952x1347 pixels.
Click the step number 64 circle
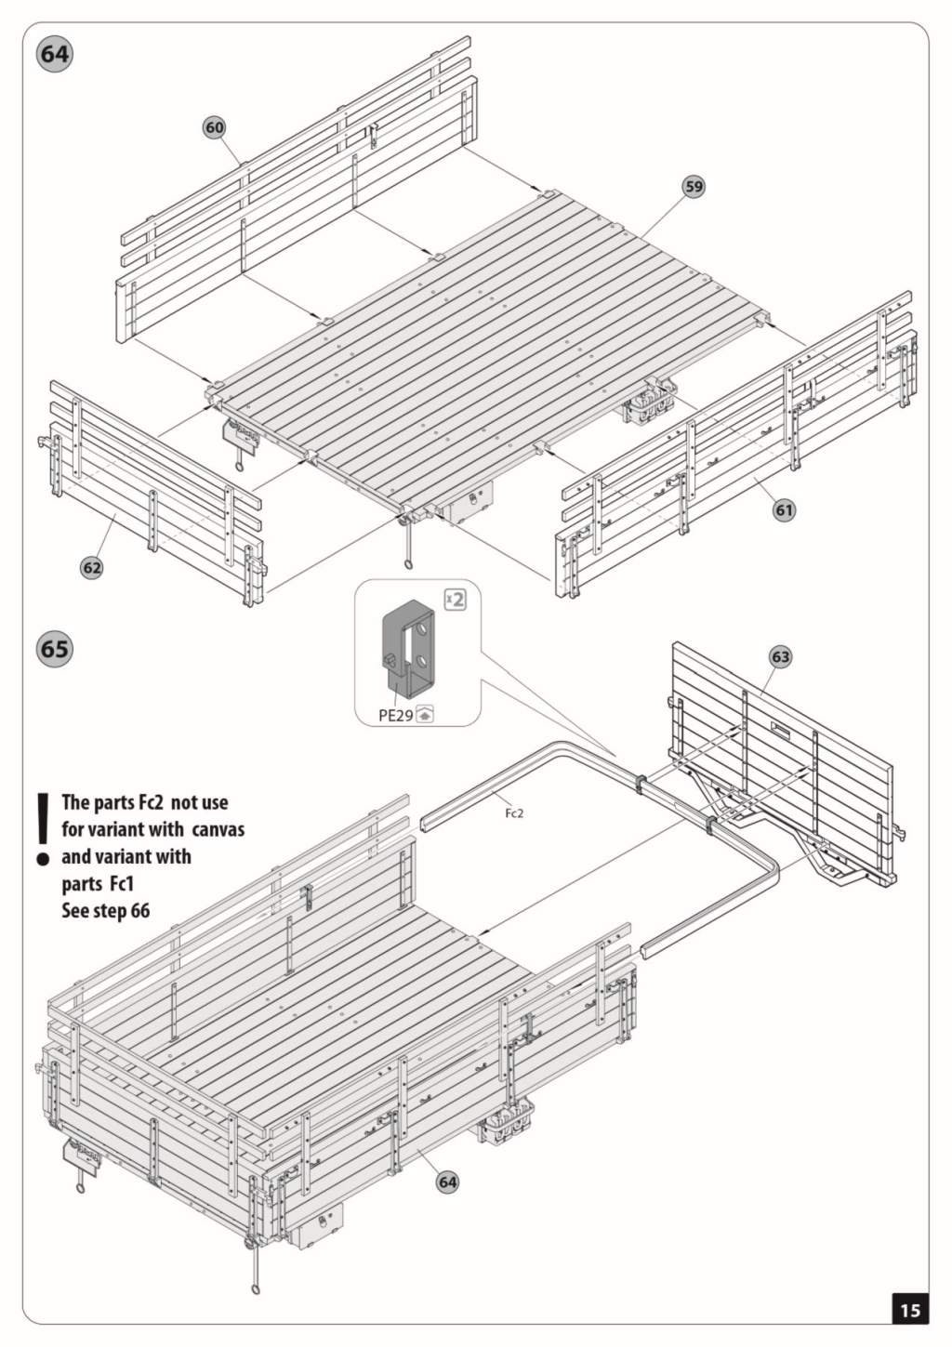click(x=54, y=54)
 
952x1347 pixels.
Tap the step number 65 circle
click(x=54, y=647)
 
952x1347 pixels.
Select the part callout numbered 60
click(x=215, y=127)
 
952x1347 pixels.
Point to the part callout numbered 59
click(x=694, y=186)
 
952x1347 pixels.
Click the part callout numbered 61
click(x=785, y=509)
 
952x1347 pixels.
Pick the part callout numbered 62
click(x=92, y=567)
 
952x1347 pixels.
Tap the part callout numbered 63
click(x=780, y=657)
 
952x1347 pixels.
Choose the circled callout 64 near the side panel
click(x=448, y=1182)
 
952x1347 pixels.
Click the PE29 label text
click(x=395, y=716)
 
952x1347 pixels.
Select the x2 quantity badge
click(x=455, y=599)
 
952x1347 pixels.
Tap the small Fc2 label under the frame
click(x=514, y=813)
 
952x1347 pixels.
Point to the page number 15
click(x=909, y=1310)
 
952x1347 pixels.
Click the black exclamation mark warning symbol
click(x=42, y=828)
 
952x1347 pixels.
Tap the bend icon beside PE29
click(x=425, y=715)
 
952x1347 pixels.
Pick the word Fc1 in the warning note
click(x=122, y=883)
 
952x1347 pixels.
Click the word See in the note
click(x=75, y=910)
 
